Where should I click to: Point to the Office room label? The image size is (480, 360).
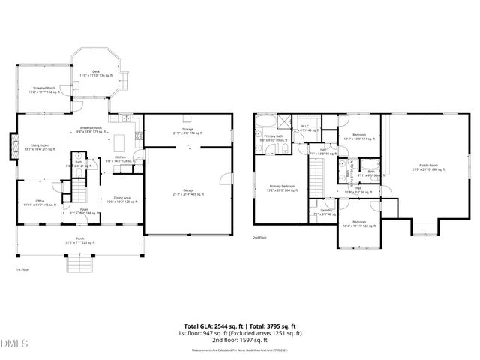click(39, 202)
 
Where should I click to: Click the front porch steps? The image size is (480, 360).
click(79, 264)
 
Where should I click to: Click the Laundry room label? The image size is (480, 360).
click(325, 211)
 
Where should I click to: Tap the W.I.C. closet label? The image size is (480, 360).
click(307, 127)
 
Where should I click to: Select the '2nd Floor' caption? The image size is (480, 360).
click(259, 238)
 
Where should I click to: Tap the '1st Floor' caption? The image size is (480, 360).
click(23, 268)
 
